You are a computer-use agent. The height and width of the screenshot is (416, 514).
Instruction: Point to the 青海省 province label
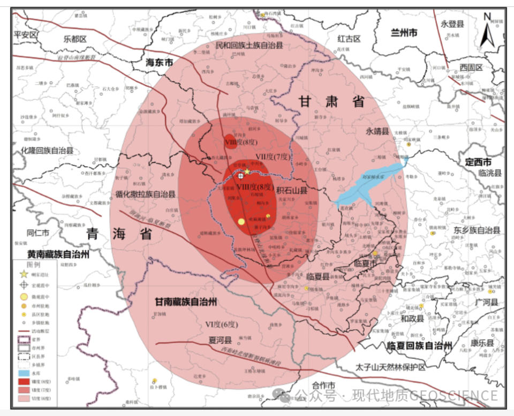[x=119, y=234]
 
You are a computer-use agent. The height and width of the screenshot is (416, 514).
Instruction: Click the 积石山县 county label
[x=292, y=190]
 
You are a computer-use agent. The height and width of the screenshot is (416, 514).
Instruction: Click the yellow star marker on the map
[x=247, y=170]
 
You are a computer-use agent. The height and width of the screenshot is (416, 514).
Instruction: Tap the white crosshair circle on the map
[x=241, y=175]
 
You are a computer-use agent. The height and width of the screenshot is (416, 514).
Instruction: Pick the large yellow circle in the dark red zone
[x=241, y=221]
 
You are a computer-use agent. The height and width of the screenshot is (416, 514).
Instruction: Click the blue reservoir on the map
[x=369, y=185]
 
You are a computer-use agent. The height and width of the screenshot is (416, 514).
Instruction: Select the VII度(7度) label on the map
[x=273, y=157]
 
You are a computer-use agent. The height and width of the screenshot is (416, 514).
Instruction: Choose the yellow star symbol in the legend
[x=24, y=275]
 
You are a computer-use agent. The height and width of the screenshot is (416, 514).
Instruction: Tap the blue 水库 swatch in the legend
[x=24, y=372]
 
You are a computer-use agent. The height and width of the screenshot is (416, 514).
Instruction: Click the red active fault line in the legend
[x=24, y=332]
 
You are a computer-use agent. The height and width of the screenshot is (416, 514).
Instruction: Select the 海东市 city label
[x=160, y=63]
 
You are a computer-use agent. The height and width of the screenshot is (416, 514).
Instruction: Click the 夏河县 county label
[x=220, y=340]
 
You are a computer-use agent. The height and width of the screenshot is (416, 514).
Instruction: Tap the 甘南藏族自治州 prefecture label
[x=185, y=302]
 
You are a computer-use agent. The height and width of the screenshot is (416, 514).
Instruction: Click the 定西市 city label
[x=479, y=162]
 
